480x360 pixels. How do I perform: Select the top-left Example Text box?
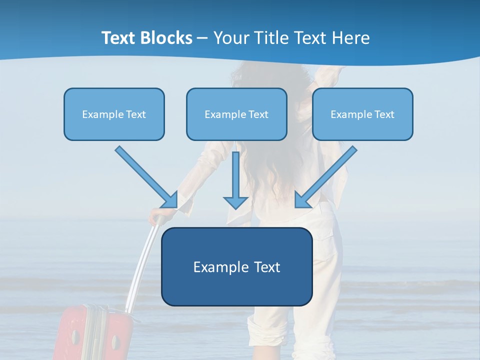[114, 114]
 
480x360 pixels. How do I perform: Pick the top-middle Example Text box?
[236, 114]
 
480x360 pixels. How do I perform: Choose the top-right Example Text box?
[362, 114]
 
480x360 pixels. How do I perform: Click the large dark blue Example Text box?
[236, 267]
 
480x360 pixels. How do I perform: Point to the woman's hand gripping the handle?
[159, 216]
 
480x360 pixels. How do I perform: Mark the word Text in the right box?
[383, 114]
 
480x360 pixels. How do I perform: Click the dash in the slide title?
[202, 38]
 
